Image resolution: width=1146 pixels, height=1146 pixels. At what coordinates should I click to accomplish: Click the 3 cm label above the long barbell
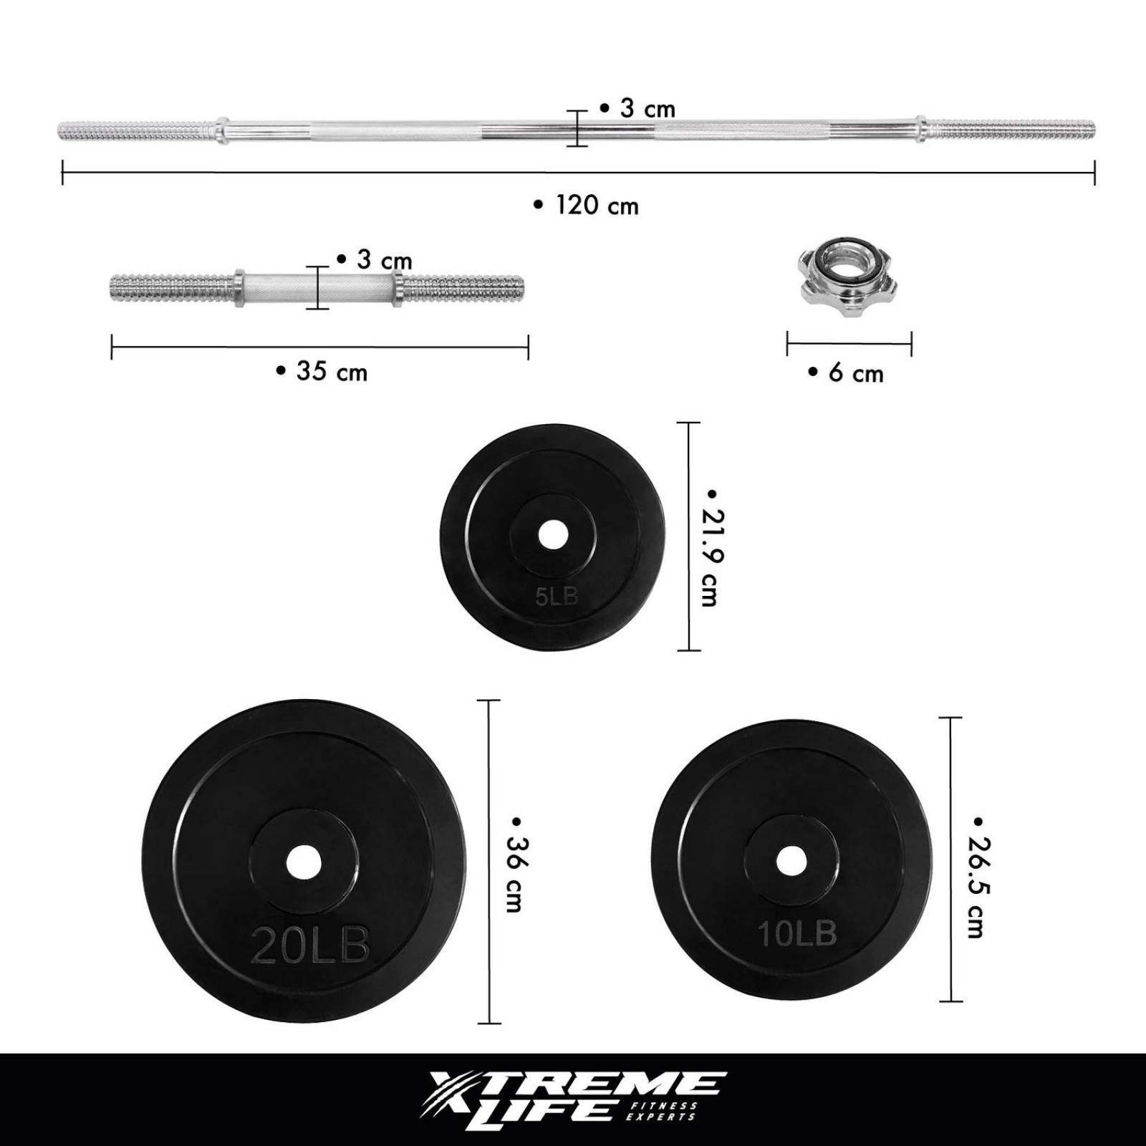[x=637, y=109]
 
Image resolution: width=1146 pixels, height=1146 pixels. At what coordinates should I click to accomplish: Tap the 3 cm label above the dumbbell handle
[x=375, y=260]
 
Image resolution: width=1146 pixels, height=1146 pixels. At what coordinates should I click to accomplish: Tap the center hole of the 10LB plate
[x=791, y=859]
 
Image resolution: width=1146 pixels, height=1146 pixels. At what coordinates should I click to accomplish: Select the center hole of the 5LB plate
[x=552, y=535]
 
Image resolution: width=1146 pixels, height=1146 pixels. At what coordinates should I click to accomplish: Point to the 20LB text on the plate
[x=310, y=945]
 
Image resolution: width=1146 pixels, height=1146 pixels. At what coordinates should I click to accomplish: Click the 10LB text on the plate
[x=796, y=933]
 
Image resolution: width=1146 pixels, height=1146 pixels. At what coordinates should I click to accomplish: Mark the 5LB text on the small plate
[x=557, y=596]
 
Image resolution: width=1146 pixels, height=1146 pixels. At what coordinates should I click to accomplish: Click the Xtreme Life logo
[x=573, y=1100]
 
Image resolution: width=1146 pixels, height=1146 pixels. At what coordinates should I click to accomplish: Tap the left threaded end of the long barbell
[x=136, y=132]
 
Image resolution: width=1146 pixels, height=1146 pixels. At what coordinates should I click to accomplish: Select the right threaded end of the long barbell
[x=1010, y=129]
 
